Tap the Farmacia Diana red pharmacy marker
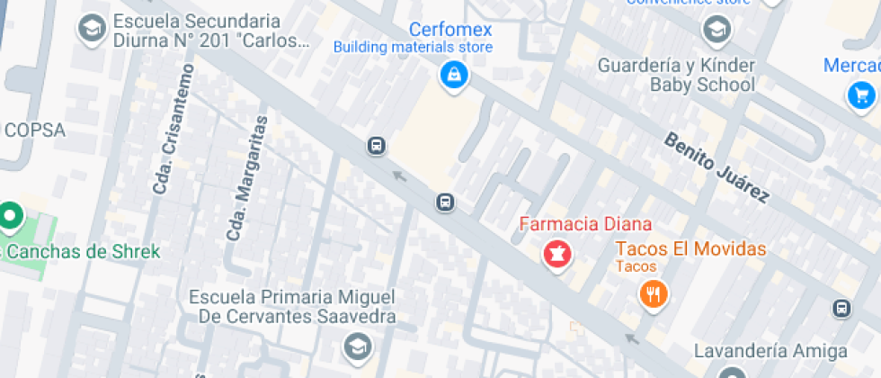pos(556,254)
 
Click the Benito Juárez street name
pos(716,167)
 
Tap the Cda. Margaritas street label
pos(249,177)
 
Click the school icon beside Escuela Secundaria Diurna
pos(91,30)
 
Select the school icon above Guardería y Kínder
pos(716,31)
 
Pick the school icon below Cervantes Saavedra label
pos(357,346)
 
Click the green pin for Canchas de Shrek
pos(10,217)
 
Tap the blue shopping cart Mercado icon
pos(860,94)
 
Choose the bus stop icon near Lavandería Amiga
pos(841,309)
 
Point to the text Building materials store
pos(413,47)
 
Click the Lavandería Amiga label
pos(771,350)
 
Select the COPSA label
pos(35,130)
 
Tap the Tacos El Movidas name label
pos(690,248)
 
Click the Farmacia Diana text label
pos(586,223)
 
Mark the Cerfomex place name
pos(450,29)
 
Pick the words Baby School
pos(702,85)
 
